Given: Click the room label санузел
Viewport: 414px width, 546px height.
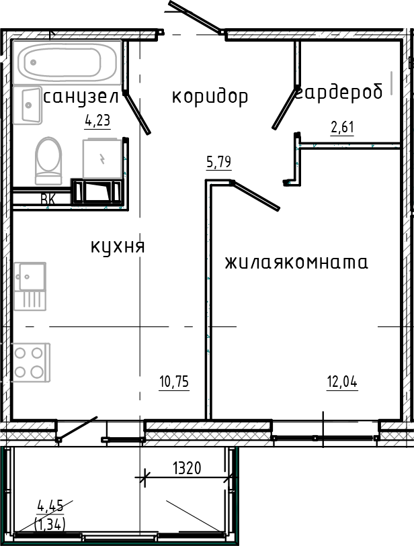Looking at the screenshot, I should [x=81, y=97].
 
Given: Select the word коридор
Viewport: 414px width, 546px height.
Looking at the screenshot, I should [x=210, y=97].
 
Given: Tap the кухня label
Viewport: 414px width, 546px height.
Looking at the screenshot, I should [x=118, y=246].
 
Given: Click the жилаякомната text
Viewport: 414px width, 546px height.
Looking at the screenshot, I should [x=296, y=262].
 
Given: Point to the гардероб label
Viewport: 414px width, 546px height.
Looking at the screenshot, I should [x=341, y=93].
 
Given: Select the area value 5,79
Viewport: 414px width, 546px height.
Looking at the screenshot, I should [x=219, y=162].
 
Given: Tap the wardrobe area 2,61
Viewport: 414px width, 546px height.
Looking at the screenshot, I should [x=342, y=127].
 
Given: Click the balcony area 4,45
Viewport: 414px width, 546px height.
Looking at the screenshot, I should [x=51, y=506].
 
